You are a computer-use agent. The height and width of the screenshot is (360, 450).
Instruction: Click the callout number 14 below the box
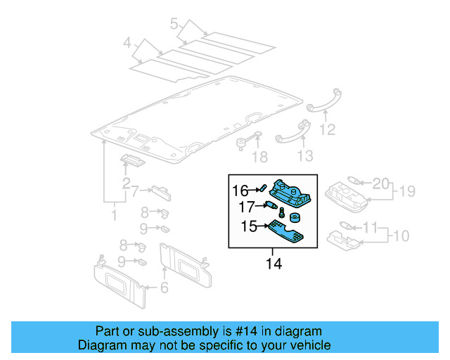coord(273,264)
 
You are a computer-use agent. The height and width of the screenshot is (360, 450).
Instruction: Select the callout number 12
coord(327,129)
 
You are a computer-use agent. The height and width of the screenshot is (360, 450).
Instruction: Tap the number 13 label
coord(304,155)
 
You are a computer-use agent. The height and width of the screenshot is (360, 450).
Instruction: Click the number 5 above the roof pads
coord(174,25)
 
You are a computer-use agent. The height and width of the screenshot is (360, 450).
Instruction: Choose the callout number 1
coord(114,213)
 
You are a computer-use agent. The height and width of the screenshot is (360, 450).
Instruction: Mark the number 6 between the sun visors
coord(165,287)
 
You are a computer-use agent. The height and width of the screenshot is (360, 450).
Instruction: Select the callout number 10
coord(399,234)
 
